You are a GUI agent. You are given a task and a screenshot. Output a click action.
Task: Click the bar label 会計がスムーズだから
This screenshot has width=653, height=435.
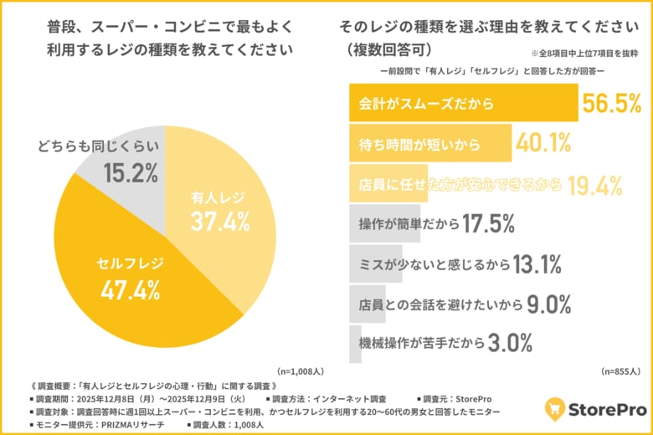pos(426,105)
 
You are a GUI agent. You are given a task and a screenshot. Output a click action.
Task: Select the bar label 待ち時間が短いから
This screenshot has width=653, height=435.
pos(419,145)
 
